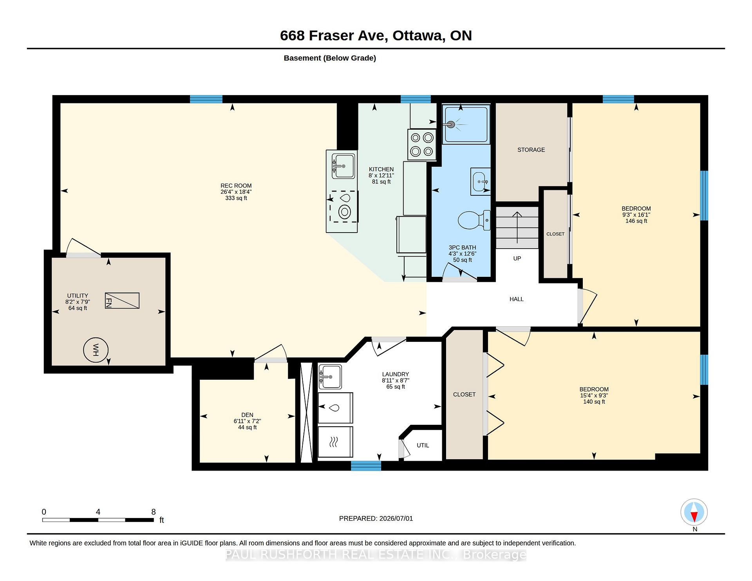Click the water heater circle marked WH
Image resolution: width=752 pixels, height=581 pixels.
(x=96, y=350)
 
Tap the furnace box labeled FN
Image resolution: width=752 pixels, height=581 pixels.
(x=122, y=301)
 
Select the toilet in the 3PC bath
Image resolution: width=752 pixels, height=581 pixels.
(x=474, y=220)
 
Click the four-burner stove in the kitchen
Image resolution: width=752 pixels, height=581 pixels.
(x=422, y=144)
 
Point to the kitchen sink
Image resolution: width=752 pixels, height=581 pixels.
(x=343, y=166)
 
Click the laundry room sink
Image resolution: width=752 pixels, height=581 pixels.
(x=330, y=377)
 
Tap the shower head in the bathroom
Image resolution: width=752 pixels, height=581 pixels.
(x=451, y=125)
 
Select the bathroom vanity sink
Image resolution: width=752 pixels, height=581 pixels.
(x=481, y=182)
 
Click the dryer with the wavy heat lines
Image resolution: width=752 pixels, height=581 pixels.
(x=335, y=442)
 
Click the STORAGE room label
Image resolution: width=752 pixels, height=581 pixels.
(x=531, y=150)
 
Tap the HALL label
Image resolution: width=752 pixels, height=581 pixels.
(x=517, y=299)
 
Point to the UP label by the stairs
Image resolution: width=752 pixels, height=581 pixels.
(x=517, y=258)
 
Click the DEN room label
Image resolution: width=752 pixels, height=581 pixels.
(x=247, y=415)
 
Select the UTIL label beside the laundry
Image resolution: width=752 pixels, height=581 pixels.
(x=423, y=446)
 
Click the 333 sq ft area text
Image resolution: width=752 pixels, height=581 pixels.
(x=236, y=198)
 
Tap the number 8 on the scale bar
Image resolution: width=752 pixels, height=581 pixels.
(x=154, y=512)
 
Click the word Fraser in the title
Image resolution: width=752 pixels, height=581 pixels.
(x=346, y=36)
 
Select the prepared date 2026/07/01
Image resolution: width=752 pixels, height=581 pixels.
(x=396, y=518)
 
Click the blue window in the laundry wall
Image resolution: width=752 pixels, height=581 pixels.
(x=366, y=466)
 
